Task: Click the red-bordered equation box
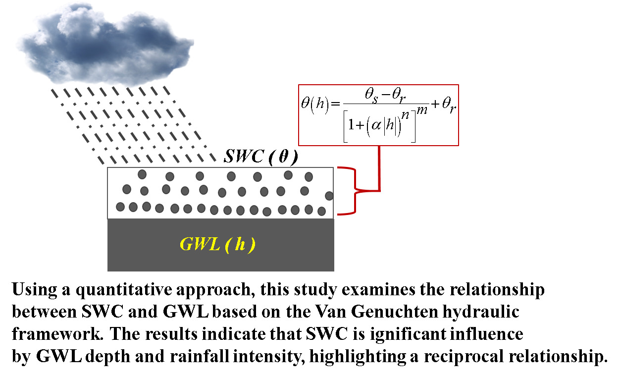coord(379,115)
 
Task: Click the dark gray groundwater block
coord(220,245)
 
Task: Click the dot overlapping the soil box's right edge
coord(329,196)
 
